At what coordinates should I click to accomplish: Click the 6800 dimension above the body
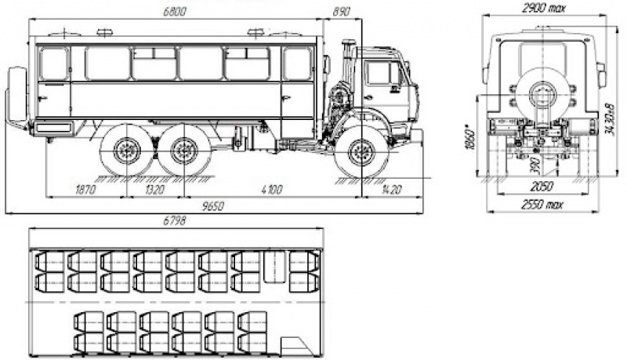click(175, 12)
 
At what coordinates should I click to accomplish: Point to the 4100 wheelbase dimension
click(274, 189)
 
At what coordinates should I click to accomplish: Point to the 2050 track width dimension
click(541, 186)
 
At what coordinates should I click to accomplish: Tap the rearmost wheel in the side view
click(125, 151)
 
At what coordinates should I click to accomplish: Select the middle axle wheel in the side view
click(184, 151)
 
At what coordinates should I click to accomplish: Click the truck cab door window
click(382, 73)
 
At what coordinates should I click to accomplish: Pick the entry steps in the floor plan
click(293, 346)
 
